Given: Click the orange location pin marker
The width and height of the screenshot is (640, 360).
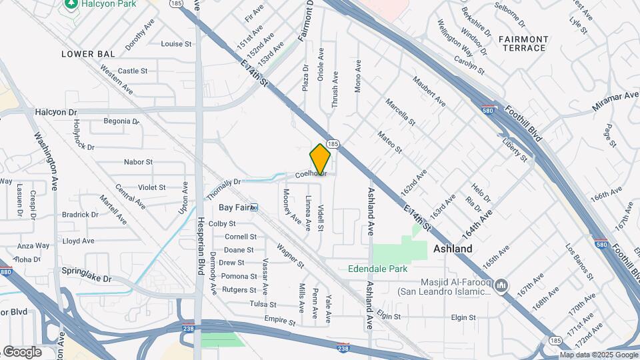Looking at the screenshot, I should click(321, 159).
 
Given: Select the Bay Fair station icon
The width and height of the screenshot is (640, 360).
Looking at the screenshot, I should click(254, 207).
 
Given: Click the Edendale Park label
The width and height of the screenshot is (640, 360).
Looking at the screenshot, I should click(377, 269).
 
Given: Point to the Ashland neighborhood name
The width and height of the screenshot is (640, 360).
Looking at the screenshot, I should click(453, 249).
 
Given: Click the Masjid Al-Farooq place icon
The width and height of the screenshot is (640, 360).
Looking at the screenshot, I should click(502, 285).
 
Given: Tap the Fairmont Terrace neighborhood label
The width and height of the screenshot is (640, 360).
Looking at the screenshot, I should click(523, 43).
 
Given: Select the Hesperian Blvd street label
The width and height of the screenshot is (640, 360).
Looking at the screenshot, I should click(199, 253).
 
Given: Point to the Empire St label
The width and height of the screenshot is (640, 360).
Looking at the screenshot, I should click(279, 321).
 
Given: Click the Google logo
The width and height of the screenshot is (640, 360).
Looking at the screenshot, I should click(22, 351).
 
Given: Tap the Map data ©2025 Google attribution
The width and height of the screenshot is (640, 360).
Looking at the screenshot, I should click(599, 355).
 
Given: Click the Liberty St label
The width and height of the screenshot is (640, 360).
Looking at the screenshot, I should click(515, 150).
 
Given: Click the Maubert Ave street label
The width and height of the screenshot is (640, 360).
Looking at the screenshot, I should click(428, 92).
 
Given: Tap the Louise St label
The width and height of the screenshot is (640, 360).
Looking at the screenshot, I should click(177, 44).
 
